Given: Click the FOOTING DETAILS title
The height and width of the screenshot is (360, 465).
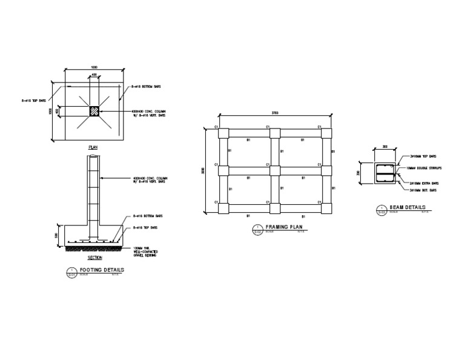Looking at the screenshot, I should click(102, 270).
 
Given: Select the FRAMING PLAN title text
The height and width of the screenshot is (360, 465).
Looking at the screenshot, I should click(284, 227).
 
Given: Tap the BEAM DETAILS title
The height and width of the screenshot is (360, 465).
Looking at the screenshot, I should click(408, 208).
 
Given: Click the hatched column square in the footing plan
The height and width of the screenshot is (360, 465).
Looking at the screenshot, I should click(94, 112).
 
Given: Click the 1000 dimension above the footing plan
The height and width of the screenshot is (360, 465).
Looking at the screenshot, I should click(94, 67).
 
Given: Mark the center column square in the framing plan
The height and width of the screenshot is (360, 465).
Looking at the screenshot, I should click(275, 171).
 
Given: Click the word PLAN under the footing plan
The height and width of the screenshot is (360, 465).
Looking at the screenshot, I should click(93, 147).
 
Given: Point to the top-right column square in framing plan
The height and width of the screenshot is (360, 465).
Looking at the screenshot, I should click(327, 134).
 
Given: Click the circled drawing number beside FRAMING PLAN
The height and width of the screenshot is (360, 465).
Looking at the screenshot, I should click(257, 229).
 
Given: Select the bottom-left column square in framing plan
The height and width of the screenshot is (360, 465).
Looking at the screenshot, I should click(223, 208).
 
